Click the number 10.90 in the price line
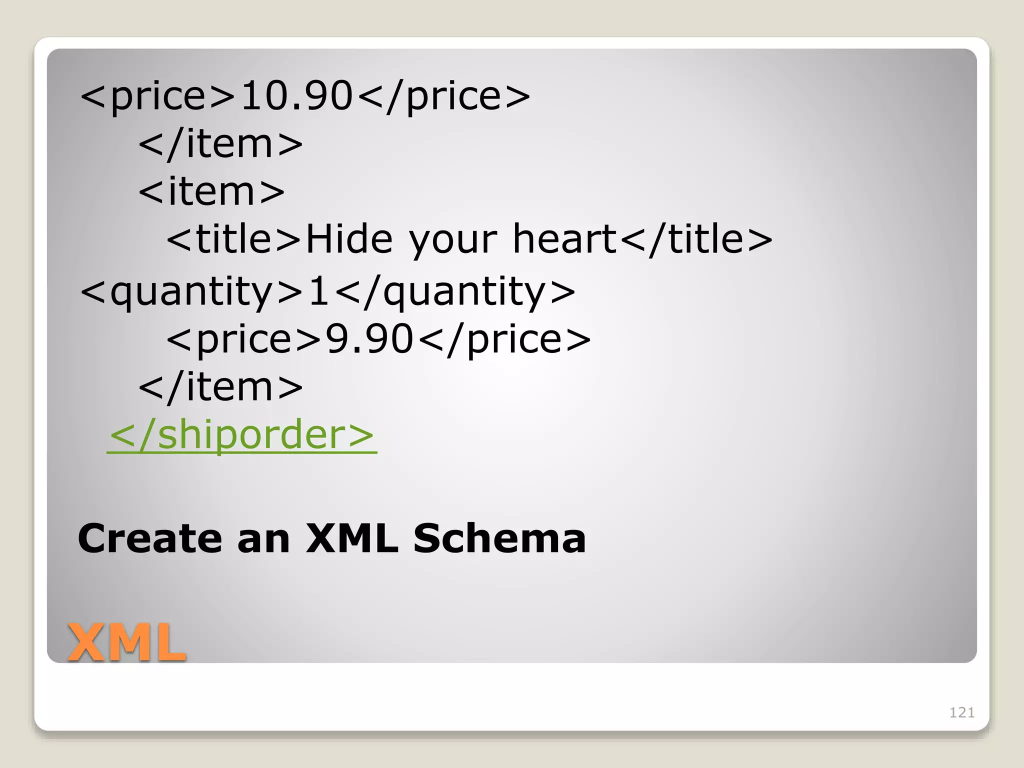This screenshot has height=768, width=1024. [296, 95]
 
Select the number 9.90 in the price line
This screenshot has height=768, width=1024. [369, 339]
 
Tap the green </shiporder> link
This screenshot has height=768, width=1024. [241, 434]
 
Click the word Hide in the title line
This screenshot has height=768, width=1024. [349, 239]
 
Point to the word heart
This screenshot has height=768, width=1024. [565, 239]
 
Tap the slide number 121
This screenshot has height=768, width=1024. [961, 712]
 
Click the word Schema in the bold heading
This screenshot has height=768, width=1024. [499, 538]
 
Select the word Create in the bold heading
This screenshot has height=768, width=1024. [149, 538]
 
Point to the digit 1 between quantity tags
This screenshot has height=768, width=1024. [318, 291]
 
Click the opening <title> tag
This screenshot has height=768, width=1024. [233, 239]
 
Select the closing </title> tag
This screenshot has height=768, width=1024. [696, 239]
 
